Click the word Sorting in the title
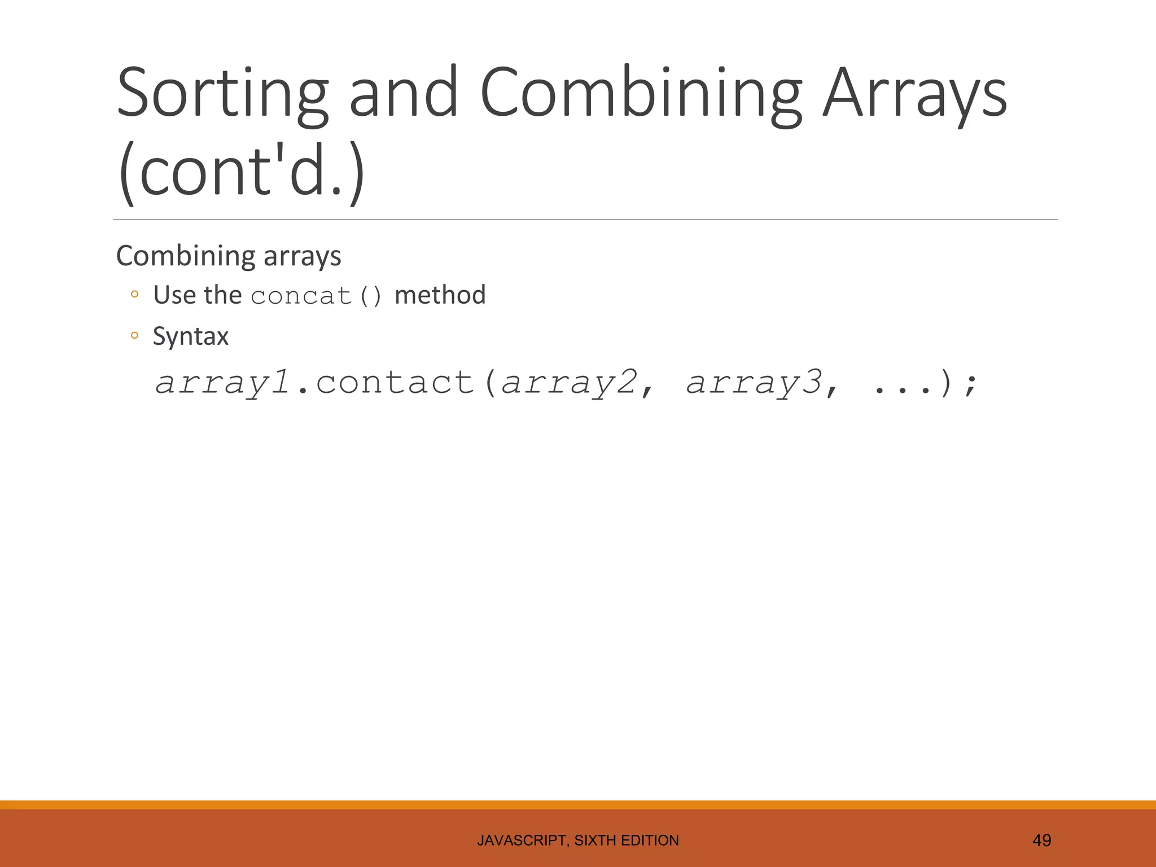click(x=222, y=93)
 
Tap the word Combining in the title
click(x=640, y=93)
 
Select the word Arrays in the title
click(x=914, y=93)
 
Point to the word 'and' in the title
click(x=402, y=93)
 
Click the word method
click(x=440, y=295)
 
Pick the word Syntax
click(x=191, y=337)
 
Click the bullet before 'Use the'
click(x=134, y=294)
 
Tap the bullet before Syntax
click(x=134, y=335)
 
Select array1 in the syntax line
click(x=222, y=383)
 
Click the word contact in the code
click(x=395, y=383)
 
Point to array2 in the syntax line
click(x=569, y=383)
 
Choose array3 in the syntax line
click(x=754, y=383)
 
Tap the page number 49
click(x=1041, y=840)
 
